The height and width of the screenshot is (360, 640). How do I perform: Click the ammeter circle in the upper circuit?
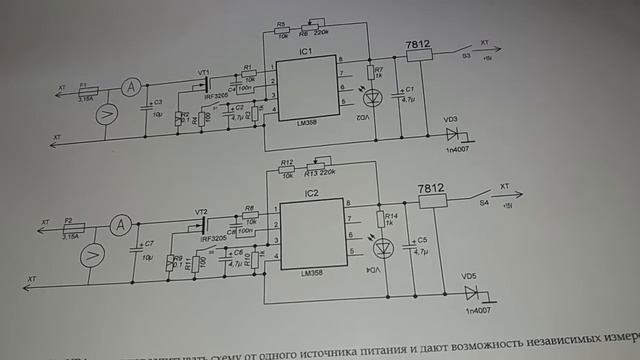[x=128, y=89]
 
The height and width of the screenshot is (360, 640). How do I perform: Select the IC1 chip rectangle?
[x=306, y=89]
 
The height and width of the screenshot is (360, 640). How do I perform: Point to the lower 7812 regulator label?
[x=432, y=187]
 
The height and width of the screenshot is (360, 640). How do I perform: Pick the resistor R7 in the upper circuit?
[x=369, y=72]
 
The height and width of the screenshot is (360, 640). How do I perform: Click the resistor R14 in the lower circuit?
[x=382, y=219]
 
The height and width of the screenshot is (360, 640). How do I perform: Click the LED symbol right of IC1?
[x=369, y=97]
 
